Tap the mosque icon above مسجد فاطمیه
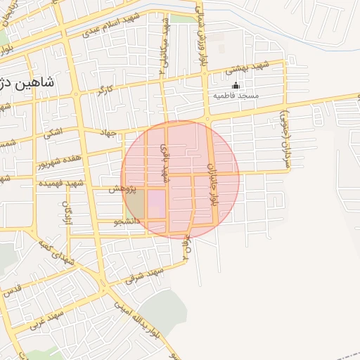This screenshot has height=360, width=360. coord(236,86)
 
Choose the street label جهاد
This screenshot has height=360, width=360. coord(108,132)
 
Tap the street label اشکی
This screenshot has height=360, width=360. coord(53,132)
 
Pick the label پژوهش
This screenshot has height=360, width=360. coord(121,190)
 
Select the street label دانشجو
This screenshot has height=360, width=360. coord(128,221)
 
